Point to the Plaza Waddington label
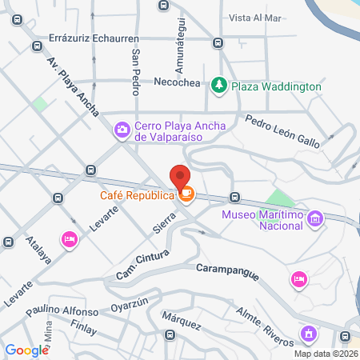[x=277, y=86]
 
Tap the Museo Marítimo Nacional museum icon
[x=315, y=218]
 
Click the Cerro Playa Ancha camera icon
[x=122, y=128]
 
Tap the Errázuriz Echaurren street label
[x=94, y=38]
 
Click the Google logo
[x=27, y=350]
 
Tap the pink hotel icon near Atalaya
[x=70, y=239]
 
